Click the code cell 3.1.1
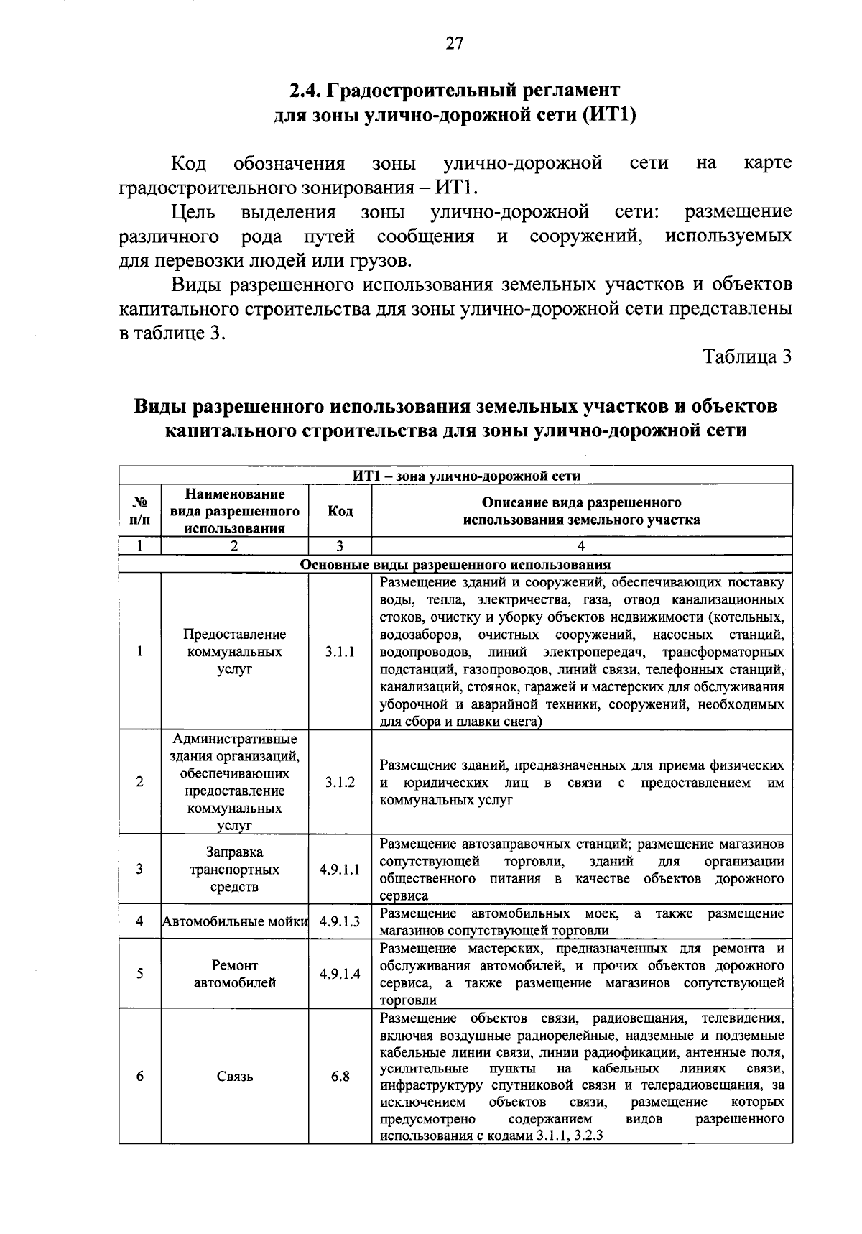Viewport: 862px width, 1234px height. (340, 652)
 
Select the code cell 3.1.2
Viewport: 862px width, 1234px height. (340, 782)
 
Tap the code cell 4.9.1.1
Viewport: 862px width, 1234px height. (340, 869)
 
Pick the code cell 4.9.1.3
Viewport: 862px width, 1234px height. (340, 921)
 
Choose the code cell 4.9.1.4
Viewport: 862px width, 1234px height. (340, 974)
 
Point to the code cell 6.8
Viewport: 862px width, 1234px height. (340, 1076)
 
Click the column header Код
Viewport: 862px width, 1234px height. (340, 511)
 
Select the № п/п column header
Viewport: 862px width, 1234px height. (140, 511)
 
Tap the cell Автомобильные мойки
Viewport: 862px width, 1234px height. (235, 921)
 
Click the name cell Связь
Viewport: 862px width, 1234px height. (235, 1076)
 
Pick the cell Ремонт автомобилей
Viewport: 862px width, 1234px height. (235, 974)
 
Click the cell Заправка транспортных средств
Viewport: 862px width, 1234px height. (235, 869)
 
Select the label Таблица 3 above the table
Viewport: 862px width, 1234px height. (747, 356)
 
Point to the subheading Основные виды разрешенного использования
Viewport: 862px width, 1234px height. (455, 564)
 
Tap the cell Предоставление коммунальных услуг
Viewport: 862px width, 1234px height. (235, 652)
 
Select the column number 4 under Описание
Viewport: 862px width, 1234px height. (581, 546)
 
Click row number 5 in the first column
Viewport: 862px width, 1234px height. (140, 974)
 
